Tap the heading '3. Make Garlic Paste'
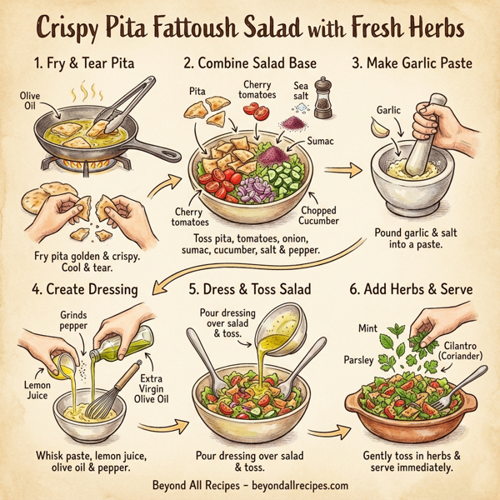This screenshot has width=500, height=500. coord(411,63)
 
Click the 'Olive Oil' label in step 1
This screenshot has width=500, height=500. coord(30,102)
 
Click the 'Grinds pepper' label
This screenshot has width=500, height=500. coord(76,321)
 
